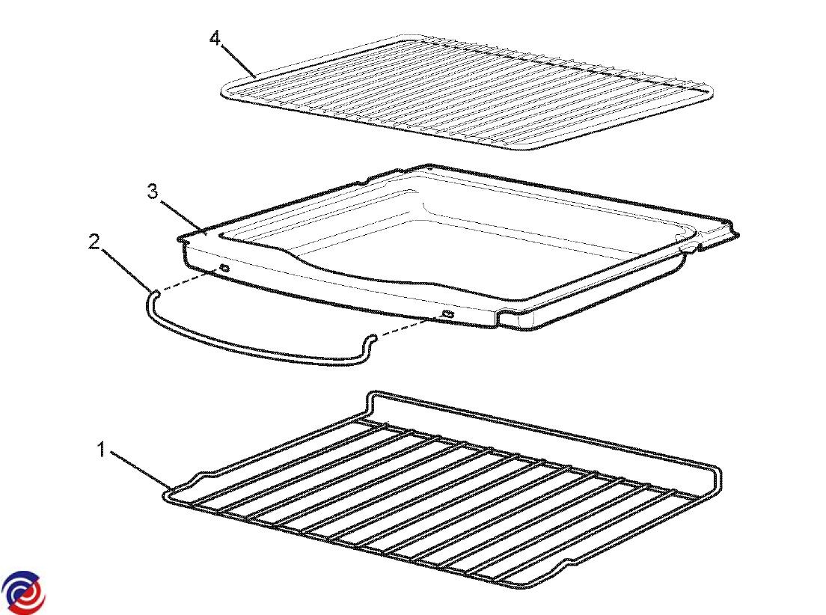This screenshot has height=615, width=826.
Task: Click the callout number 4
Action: click(x=215, y=38)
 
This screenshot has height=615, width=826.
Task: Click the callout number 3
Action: click(x=152, y=192)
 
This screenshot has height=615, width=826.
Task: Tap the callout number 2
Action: click(x=94, y=242)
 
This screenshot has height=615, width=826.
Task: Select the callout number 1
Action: click(x=102, y=450)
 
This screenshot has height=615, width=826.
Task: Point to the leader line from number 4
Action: click(x=238, y=61)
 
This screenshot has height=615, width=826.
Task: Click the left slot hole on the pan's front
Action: click(x=224, y=268)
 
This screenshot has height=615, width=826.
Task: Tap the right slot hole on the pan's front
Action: click(x=448, y=314)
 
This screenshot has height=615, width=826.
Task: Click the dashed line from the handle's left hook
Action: click(x=189, y=279)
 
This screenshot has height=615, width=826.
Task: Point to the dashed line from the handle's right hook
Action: click(x=409, y=327)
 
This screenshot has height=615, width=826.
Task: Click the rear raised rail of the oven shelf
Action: click(x=542, y=427)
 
